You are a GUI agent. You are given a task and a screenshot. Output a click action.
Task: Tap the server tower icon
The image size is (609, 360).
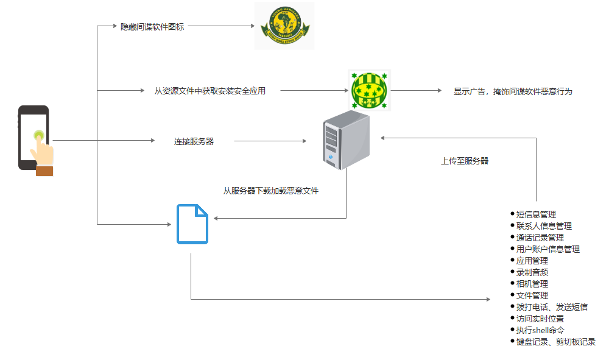tap(345, 141)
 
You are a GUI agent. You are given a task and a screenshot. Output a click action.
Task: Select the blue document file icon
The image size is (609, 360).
tap(192, 224)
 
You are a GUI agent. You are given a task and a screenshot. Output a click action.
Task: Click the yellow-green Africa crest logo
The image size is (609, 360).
tap(284, 26)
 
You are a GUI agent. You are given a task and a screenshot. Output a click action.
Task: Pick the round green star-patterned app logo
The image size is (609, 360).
tap(369, 90)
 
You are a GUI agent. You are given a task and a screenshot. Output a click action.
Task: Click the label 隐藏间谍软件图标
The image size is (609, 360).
tap(152, 27)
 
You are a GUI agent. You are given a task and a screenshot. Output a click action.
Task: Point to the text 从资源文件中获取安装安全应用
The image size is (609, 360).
tap(210, 91)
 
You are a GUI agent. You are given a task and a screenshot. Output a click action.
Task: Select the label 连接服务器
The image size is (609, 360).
tap(194, 141)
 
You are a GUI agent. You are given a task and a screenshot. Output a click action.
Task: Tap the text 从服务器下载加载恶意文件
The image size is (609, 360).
tap(271, 191)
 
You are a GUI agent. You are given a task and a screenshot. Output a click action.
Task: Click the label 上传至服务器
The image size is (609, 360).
tap(465, 161)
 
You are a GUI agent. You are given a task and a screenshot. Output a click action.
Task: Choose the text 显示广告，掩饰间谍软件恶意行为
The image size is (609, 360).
tap(513, 92)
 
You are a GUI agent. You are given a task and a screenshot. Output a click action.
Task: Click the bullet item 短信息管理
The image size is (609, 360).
tap(536, 214)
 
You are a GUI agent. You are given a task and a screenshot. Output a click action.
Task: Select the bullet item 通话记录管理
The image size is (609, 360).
tap(540, 238)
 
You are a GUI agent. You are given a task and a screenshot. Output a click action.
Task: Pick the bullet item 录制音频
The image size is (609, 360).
tap(532, 272)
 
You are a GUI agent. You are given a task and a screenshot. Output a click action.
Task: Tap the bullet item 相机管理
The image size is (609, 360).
tap(532, 284)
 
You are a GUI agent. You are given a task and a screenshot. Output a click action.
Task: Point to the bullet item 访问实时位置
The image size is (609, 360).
tap(540, 319)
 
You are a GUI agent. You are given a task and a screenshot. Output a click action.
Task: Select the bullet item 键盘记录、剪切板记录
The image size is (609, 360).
tap(555, 342)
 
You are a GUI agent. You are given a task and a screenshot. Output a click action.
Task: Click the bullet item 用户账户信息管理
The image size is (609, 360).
tap(547, 249)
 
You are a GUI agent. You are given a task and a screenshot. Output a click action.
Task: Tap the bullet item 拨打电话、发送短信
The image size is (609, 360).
tap(552, 307)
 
